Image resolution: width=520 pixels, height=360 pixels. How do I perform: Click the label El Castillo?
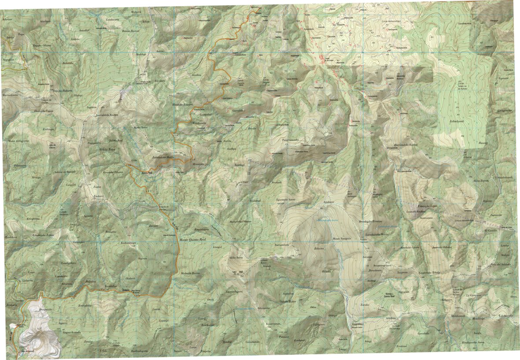pos(490,231)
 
